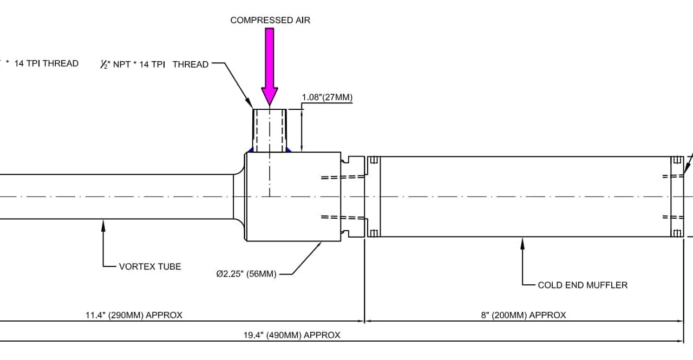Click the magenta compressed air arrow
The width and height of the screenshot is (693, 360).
point(270,65)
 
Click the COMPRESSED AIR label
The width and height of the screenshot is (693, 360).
point(270,20)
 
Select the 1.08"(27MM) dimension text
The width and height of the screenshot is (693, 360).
point(327,98)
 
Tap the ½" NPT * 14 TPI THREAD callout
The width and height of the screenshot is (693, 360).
point(154,64)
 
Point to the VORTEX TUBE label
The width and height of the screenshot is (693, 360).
point(150,266)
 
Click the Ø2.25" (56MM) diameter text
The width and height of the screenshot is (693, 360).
point(246,274)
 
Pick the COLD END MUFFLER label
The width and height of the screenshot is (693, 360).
point(583,285)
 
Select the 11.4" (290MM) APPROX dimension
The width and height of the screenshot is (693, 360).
point(134,315)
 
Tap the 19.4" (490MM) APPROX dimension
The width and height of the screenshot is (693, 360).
point(292,335)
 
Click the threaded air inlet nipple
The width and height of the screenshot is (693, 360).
point(270,130)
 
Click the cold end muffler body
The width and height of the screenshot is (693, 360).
point(525,197)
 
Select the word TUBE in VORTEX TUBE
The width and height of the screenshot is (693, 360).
point(169,266)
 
